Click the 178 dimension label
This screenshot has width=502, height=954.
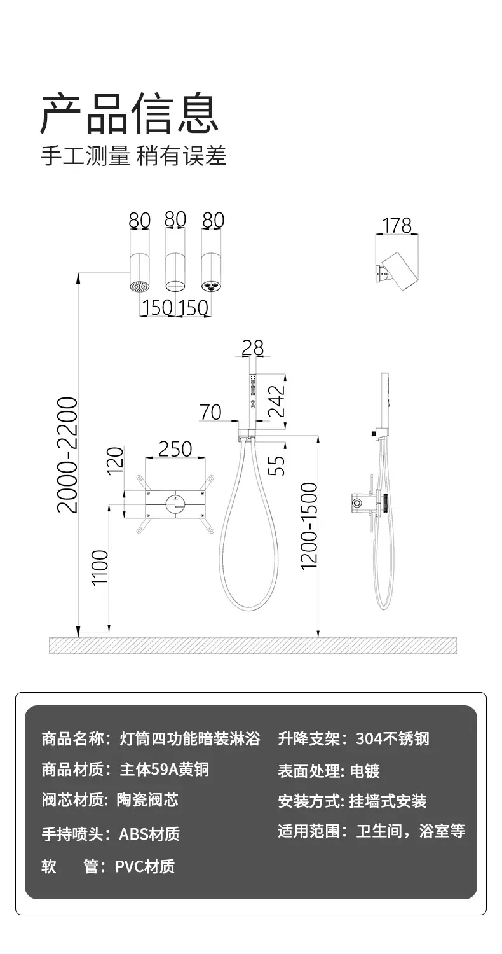point(397,225)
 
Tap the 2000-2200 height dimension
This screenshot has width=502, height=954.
point(68,455)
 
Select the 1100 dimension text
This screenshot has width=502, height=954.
point(100,568)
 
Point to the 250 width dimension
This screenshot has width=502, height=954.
point(175,449)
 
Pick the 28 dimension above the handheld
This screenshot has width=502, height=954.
point(253,348)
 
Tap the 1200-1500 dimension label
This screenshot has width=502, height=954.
point(309,525)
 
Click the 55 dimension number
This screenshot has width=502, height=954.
point(276,466)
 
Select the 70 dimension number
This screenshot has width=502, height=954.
point(210,412)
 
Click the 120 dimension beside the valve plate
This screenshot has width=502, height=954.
point(114,460)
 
